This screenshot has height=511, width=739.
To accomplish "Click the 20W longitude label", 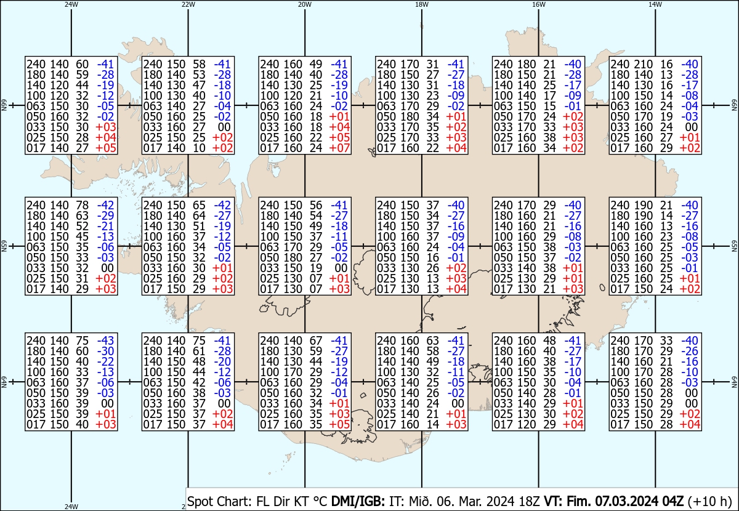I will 304,4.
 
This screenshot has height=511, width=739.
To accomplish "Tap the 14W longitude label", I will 655,4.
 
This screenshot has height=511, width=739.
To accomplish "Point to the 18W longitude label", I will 421,4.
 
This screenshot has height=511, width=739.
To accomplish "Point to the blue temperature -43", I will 105,340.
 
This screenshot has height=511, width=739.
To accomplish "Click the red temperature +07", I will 339,148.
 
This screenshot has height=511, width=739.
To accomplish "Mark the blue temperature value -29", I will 105,215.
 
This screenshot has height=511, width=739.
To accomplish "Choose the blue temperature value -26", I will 690,351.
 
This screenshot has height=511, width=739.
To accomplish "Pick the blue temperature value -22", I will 105,361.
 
